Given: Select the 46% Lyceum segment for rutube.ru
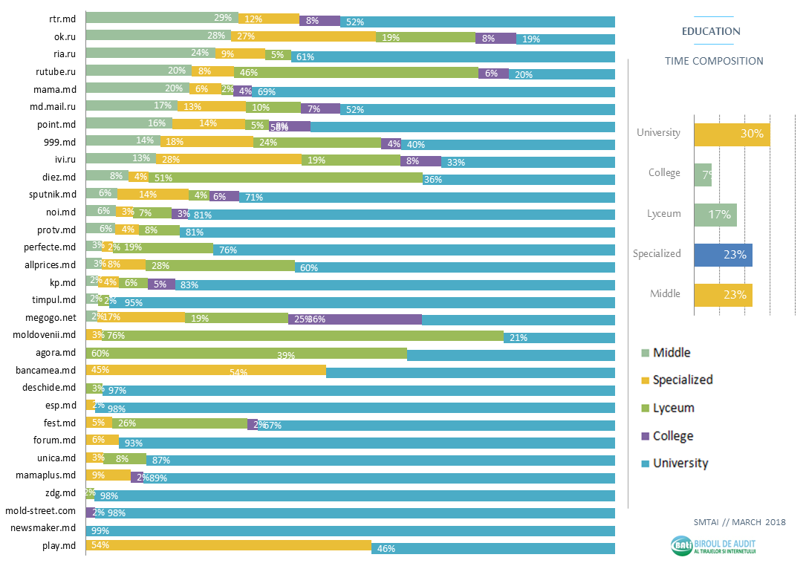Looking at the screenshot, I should tap(356, 72).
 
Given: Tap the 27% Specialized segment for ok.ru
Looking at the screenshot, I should tap(303, 37).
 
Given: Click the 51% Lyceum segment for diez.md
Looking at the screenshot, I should tap(285, 178).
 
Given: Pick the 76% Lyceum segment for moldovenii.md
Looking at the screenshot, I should tap(304, 336).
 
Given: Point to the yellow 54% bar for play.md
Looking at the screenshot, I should tap(229, 547).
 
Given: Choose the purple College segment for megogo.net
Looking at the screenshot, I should tap(355, 319).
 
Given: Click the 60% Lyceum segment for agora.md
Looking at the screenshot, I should tap(246, 354).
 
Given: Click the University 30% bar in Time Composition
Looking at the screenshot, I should tap(731, 134).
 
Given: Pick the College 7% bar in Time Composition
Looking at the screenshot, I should tap(703, 175).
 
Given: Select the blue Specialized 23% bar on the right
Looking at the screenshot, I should tap(723, 255).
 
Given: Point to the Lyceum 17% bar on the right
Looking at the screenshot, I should tap(715, 215).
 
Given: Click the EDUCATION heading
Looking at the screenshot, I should tap(711, 32).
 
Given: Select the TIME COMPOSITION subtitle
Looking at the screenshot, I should tap(714, 61).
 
